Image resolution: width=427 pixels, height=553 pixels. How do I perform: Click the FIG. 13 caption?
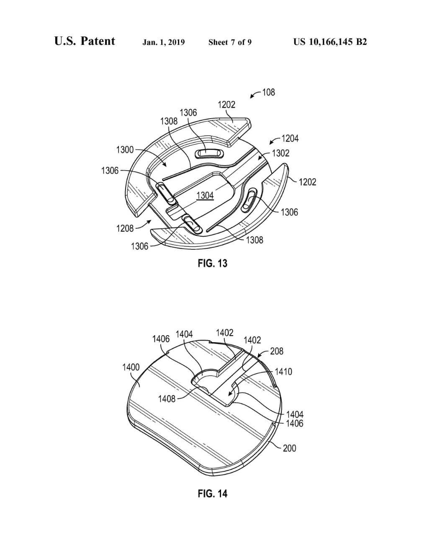coord(212,263)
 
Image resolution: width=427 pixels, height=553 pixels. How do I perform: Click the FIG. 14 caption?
coord(212,494)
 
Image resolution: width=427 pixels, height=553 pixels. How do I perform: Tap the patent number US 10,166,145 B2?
coord(330,42)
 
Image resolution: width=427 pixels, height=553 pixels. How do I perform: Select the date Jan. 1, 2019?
coord(164,42)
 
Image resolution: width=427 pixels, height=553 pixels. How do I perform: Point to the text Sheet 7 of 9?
coord(230,42)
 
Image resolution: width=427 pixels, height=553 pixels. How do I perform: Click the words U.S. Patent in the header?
coord(85,41)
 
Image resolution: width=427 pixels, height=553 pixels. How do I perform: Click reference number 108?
coord(269,92)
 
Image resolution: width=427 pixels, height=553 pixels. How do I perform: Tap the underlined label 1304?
coord(205,196)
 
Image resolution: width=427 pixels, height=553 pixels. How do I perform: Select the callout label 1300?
coord(125,150)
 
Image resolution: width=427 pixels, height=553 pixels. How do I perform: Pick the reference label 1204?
coord(290,139)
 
